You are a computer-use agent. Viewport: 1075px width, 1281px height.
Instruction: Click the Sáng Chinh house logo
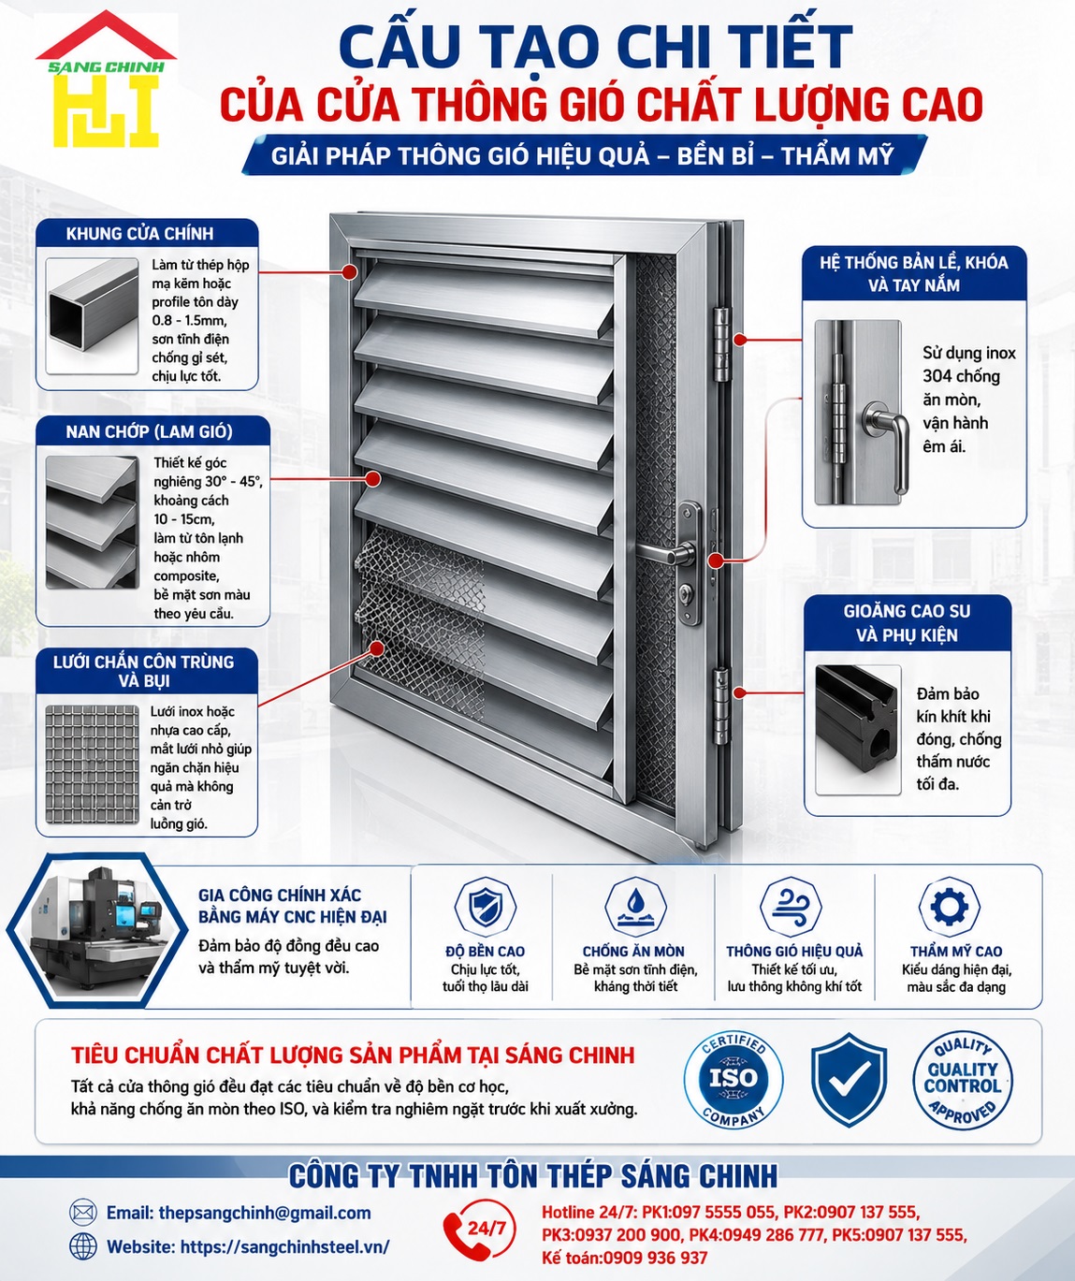pyautogui.click(x=106, y=79)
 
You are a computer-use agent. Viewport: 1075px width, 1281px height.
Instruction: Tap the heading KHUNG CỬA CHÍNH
pyautogui.click(x=140, y=234)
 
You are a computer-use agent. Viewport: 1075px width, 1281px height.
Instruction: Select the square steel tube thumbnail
pyautogui.click(x=92, y=315)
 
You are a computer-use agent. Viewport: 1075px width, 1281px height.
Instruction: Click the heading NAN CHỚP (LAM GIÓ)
pyautogui.click(x=149, y=432)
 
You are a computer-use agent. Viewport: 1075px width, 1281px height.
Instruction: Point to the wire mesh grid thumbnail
pyautogui.click(x=92, y=765)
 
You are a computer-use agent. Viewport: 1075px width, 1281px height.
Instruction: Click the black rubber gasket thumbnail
pyautogui.click(x=857, y=730)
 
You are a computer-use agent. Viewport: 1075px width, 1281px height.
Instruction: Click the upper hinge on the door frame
pyautogui.click(x=721, y=344)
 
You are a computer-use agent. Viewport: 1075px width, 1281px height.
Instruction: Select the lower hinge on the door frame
pyautogui.click(x=721, y=706)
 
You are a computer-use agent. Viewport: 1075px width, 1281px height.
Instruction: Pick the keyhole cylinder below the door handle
pyautogui.click(x=687, y=593)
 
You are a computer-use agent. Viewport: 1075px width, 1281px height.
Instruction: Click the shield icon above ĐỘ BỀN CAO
pyautogui.click(x=485, y=906)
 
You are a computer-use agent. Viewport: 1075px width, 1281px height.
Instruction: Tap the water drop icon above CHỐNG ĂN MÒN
pyautogui.click(x=634, y=906)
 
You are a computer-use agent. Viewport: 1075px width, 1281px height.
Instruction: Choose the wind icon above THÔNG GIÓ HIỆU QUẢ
pyautogui.click(x=791, y=906)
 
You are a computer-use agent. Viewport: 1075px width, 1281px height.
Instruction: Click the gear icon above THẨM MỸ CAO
pyautogui.click(x=950, y=906)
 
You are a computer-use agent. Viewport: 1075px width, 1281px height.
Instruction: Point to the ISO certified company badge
pyautogui.click(x=734, y=1080)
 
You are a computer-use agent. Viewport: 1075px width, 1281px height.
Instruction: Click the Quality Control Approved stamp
pyautogui.click(x=962, y=1080)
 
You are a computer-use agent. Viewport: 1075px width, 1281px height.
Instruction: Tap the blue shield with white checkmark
pyautogui.click(x=849, y=1080)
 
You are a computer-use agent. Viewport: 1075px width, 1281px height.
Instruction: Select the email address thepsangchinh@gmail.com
pyautogui.click(x=265, y=1213)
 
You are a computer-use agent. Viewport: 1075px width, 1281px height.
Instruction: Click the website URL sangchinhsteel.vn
pyautogui.click(x=285, y=1246)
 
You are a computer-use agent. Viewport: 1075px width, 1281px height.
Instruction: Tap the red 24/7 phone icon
pyautogui.click(x=479, y=1229)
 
